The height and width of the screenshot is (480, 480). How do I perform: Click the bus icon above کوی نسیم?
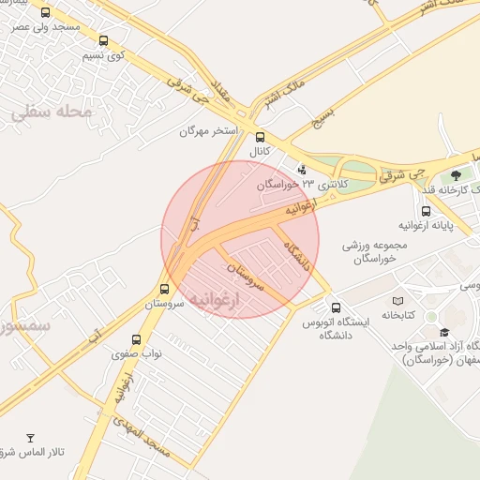coord(103,40)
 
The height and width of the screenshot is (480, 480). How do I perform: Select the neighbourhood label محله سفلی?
coord(51,112)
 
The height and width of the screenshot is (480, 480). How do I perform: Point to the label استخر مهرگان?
coord(209,131)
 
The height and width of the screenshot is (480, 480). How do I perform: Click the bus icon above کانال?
coord(261,137)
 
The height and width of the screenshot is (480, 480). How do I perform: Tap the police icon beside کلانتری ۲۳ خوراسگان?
coord(302,170)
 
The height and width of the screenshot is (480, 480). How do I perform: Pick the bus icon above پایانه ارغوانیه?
coord(427,211)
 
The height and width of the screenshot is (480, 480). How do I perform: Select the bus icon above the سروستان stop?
coord(165,289)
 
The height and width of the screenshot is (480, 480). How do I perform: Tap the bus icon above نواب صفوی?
coord(137,339)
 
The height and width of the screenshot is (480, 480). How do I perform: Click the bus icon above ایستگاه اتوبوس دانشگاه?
coord(336,307)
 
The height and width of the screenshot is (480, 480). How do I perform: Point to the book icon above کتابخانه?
coord(398,301)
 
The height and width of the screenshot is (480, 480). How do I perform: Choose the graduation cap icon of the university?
coord(444,332)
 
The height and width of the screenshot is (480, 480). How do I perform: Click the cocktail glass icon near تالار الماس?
coord(30,438)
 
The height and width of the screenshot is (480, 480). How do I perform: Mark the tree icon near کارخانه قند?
coord(457,174)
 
